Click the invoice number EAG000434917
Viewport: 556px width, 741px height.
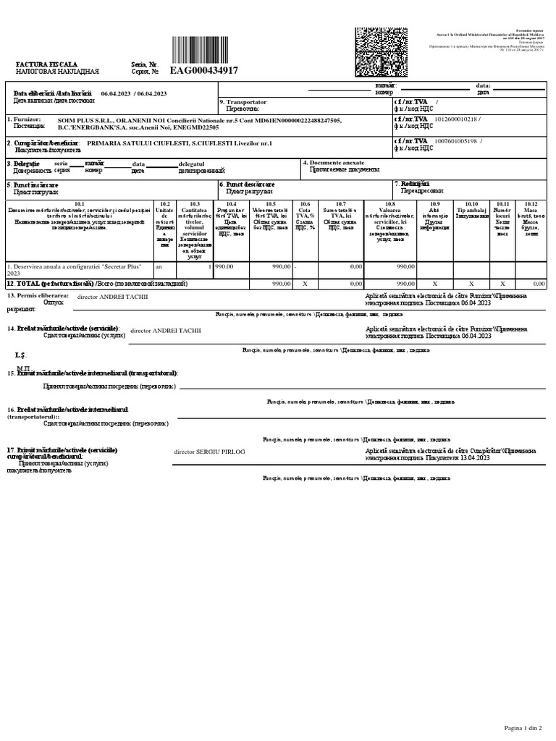(203, 70)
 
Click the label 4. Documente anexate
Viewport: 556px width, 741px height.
(337, 163)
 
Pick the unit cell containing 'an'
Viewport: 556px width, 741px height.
(160, 266)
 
